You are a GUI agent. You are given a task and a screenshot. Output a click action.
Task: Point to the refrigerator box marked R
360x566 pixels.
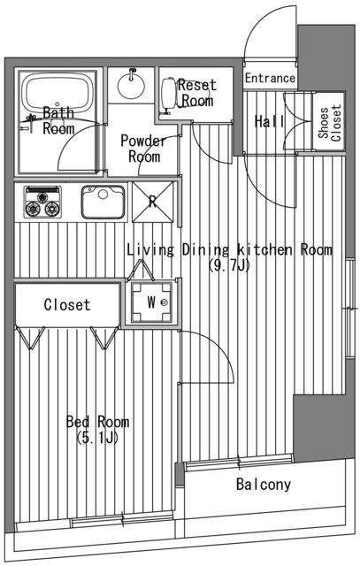152,201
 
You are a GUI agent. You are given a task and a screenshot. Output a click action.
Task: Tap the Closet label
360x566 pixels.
67,305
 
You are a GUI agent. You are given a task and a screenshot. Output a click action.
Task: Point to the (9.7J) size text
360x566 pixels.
228,265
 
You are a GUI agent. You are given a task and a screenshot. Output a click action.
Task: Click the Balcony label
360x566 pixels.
263,485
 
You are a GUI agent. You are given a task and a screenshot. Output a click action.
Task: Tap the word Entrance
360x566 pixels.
270,78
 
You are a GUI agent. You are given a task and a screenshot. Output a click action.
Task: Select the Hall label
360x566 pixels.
268,122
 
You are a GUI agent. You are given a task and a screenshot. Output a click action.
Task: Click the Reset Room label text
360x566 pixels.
196,93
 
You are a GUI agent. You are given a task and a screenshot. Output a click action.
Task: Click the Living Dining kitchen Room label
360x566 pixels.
229,250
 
